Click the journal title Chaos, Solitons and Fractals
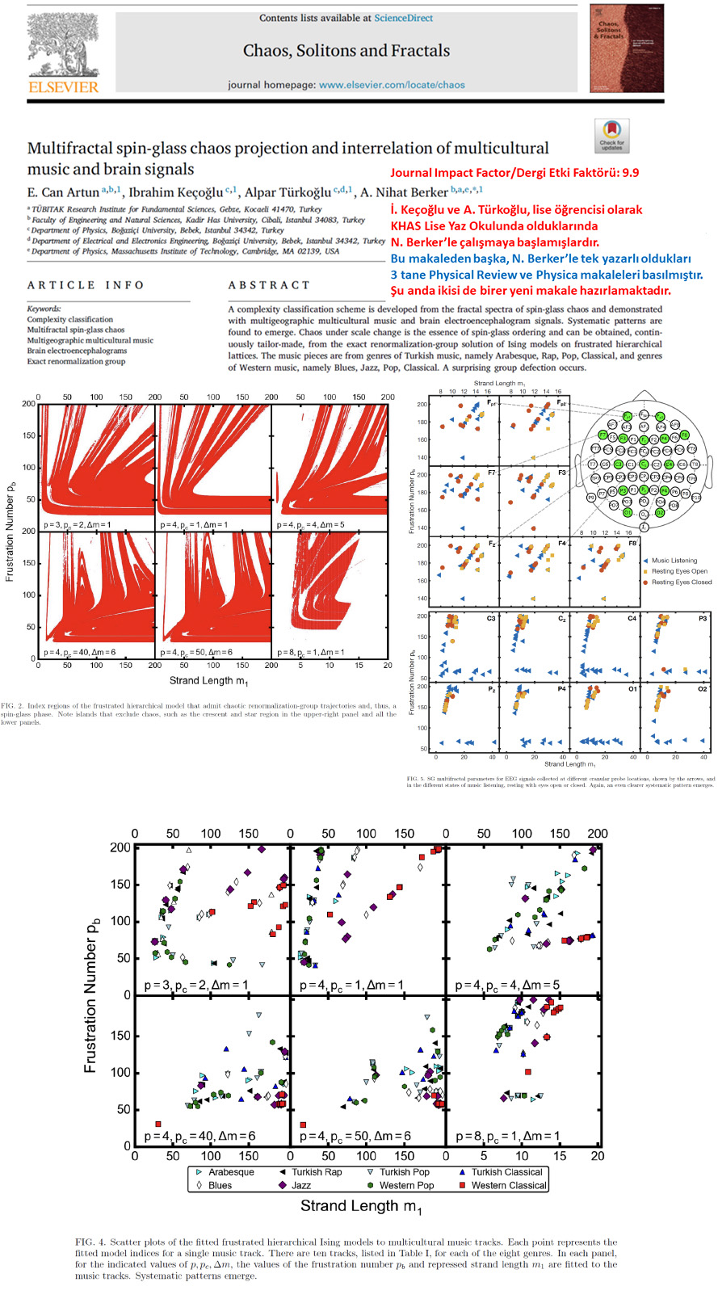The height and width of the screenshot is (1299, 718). coord(346,50)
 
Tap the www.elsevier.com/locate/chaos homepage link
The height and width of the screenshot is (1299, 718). coord(392,85)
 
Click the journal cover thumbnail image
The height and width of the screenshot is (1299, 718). coord(626,48)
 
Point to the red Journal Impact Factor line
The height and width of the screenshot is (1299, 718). coord(514,173)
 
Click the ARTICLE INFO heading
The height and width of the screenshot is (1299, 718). coord(86,285)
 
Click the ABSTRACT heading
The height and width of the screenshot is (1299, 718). coord(269,285)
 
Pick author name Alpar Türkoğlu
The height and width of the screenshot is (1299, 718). coord(288,192)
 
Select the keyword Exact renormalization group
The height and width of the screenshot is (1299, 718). coord(76,361)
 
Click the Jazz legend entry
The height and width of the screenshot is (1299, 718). coord(301,1185)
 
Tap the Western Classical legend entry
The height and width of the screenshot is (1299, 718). coord(509,1185)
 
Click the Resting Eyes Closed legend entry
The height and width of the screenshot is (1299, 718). coord(681,582)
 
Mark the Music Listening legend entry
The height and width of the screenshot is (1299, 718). coord(674,560)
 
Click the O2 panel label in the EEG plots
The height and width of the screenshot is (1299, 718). coord(702,689)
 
